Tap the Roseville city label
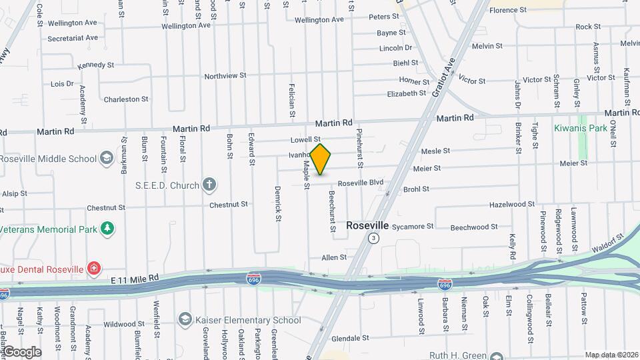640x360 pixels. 367,226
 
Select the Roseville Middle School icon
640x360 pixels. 107,159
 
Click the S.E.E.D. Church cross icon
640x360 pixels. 210,185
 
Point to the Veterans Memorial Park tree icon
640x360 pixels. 107,229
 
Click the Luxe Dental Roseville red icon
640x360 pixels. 94,269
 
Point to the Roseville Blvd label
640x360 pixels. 361,183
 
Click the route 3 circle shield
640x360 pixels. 375,238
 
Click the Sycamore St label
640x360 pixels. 412,227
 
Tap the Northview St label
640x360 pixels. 225,76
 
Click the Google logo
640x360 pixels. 21,352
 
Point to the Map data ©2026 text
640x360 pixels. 611,355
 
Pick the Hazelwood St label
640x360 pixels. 512,205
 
